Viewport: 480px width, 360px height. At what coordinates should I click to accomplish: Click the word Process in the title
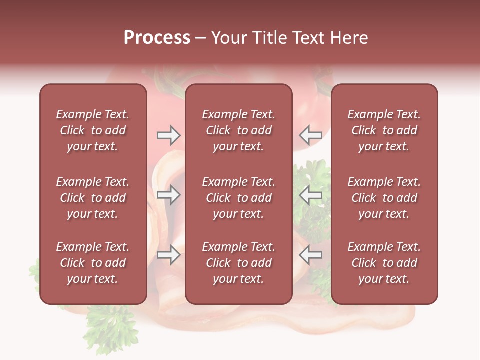click(x=157, y=38)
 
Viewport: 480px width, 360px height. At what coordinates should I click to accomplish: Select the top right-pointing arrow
click(x=168, y=135)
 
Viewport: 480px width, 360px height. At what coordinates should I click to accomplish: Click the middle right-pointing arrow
click(x=168, y=195)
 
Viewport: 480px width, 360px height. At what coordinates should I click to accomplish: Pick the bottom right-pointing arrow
click(x=168, y=255)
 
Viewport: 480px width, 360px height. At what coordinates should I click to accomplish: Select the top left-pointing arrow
click(x=311, y=135)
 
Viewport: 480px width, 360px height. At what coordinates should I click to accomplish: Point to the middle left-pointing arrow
click(x=311, y=195)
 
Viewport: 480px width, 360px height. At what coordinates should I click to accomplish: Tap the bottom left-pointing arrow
click(x=311, y=255)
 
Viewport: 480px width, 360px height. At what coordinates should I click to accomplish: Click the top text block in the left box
click(x=93, y=130)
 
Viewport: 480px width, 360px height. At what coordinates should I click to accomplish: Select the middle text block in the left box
click(x=93, y=198)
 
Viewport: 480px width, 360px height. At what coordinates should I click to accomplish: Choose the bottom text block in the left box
click(x=93, y=263)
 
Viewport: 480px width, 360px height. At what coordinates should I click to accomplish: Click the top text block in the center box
click(x=238, y=130)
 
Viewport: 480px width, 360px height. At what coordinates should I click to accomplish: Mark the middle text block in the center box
click(x=238, y=198)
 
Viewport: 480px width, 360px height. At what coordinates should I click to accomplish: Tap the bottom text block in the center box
click(x=238, y=263)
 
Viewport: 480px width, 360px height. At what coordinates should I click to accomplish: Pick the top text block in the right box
click(x=384, y=130)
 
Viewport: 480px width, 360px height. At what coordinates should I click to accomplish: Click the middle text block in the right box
click(x=384, y=198)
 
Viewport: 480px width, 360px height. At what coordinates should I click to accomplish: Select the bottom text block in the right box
click(x=384, y=263)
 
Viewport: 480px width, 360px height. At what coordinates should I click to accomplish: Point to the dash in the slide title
click(x=200, y=38)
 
